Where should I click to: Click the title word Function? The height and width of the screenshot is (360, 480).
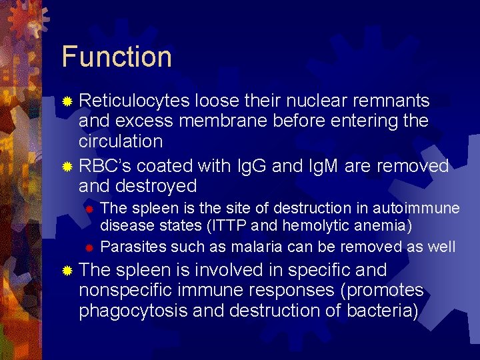[x=117, y=57]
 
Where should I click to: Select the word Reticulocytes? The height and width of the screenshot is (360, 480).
[x=134, y=101]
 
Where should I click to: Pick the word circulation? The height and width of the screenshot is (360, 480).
[x=121, y=141]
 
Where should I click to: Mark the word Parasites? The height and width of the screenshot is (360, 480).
[x=133, y=247]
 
